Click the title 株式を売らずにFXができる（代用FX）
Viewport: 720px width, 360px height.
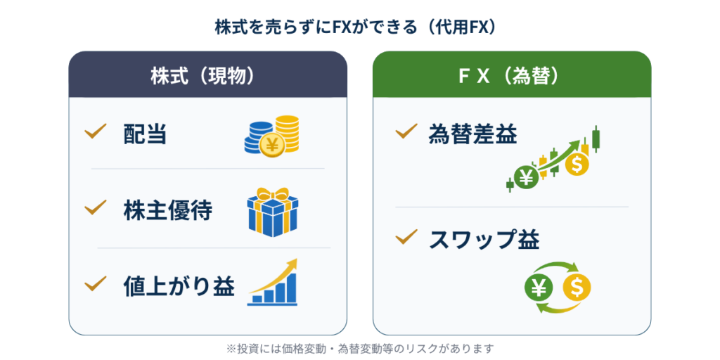[x=359, y=27]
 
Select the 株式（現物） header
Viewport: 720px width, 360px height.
[x=207, y=76]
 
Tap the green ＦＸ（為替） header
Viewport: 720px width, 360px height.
[x=511, y=76]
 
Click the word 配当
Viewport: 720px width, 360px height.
[x=146, y=134]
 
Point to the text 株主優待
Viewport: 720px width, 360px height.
[x=168, y=210]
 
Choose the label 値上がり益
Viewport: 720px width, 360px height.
[x=179, y=286]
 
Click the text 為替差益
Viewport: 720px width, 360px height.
[x=472, y=134]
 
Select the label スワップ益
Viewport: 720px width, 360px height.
[x=484, y=240]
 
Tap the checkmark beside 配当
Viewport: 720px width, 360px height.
[x=94, y=131]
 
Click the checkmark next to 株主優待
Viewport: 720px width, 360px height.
[x=94, y=208]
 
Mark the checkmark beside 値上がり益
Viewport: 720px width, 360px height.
[x=94, y=284]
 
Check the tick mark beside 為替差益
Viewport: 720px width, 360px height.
[x=406, y=131]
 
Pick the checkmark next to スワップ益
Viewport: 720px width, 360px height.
[x=406, y=238]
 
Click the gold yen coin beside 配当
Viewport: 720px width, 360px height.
[x=270, y=144]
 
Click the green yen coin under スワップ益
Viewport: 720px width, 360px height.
[x=539, y=286]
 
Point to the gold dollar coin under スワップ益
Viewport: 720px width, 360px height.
[x=577, y=286]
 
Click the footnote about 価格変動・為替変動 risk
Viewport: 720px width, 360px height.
[x=360, y=347]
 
